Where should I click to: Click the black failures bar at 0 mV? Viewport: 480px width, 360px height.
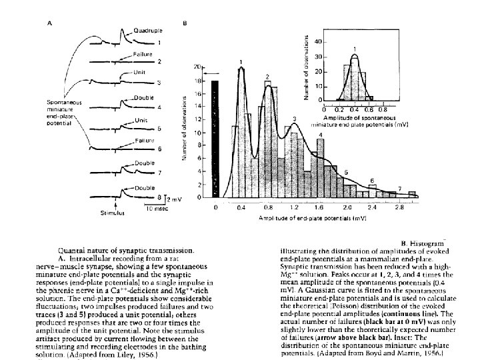tap(215, 139)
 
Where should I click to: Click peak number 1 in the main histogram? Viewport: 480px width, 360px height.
tap(241, 61)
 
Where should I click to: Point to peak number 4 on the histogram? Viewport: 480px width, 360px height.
tap(321, 135)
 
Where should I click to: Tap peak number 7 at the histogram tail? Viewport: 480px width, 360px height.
tap(399, 189)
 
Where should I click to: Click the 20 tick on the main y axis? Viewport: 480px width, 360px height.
tap(197, 67)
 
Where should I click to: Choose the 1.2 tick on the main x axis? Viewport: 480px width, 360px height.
tap(294, 208)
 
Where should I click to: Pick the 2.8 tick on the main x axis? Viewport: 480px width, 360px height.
tap(397, 208)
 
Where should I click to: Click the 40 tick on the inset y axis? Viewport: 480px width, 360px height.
tap(317, 41)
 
